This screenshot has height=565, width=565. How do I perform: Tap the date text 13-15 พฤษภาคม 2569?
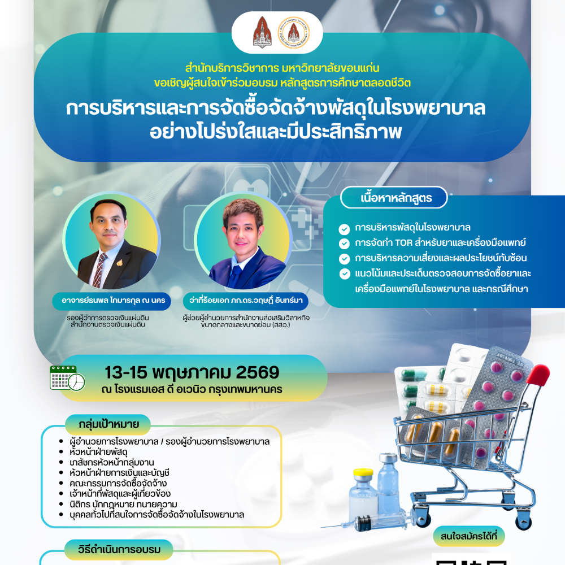pyautogui.click(x=192, y=372)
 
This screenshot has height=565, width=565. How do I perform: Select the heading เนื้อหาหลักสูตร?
pyautogui.click(x=396, y=198)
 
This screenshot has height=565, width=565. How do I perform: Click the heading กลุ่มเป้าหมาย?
pyautogui.click(x=109, y=424)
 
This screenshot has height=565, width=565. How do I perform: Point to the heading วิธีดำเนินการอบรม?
pyautogui.click(x=119, y=550)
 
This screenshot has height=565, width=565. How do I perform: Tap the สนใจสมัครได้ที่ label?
pyautogui.click(x=469, y=536)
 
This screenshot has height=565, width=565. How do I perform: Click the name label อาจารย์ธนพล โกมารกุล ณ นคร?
pyautogui.click(x=113, y=301)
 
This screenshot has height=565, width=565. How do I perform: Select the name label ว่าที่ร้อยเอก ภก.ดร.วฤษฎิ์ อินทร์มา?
pyautogui.click(x=246, y=301)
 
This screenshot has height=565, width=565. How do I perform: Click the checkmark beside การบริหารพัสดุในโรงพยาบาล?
pyautogui.click(x=344, y=229)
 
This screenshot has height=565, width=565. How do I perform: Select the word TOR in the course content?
pyautogui.click(x=403, y=242)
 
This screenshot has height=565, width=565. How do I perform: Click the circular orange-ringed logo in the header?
pyautogui.click(x=294, y=32)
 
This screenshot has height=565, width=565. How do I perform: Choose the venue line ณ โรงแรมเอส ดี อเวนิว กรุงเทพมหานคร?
pyautogui.click(x=192, y=389)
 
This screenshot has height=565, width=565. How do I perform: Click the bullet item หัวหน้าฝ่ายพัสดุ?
pyautogui.click(x=98, y=452)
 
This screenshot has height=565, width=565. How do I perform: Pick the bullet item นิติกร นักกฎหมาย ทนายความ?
pyautogui.click(x=123, y=504)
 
